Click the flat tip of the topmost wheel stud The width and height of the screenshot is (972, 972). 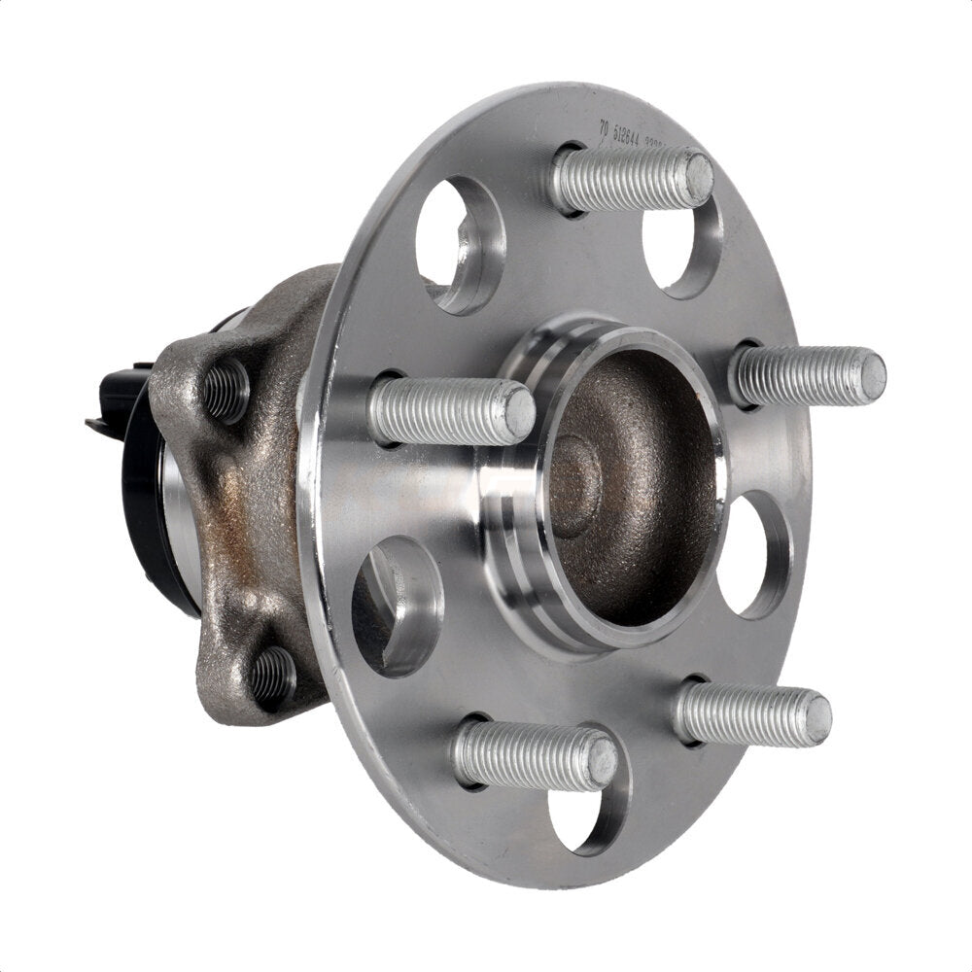tap(699, 177)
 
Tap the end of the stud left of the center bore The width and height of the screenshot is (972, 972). tap(519, 412)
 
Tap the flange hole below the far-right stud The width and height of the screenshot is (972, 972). tap(756, 554)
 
